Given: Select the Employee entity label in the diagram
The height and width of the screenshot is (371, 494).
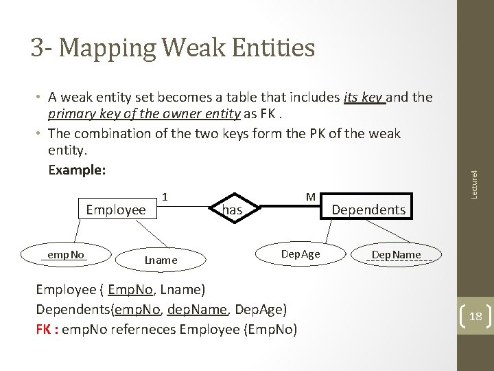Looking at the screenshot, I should (116, 210).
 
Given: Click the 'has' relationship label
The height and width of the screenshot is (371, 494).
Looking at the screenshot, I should (233, 210).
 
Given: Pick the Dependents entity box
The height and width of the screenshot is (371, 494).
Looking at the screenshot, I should (368, 210).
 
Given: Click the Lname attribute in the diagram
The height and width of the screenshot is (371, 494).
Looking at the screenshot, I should (161, 260).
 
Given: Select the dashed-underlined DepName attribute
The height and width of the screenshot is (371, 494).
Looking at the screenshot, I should (397, 255).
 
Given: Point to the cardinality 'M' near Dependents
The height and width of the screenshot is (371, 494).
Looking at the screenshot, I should (310, 197).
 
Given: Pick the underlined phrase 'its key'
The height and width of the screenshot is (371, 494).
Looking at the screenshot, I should (365, 98).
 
